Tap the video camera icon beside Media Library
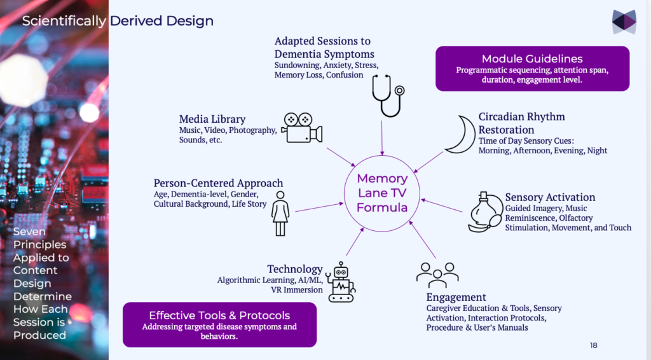(x=301, y=128)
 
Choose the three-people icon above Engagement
(x=437, y=273)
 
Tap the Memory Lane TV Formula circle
(x=381, y=193)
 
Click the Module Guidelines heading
(x=531, y=59)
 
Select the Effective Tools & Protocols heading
(x=219, y=315)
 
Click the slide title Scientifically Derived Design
(x=118, y=21)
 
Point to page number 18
(x=593, y=345)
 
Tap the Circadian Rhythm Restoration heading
(x=521, y=123)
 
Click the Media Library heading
(x=212, y=119)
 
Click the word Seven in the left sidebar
(x=30, y=232)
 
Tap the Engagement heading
(x=456, y=297)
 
